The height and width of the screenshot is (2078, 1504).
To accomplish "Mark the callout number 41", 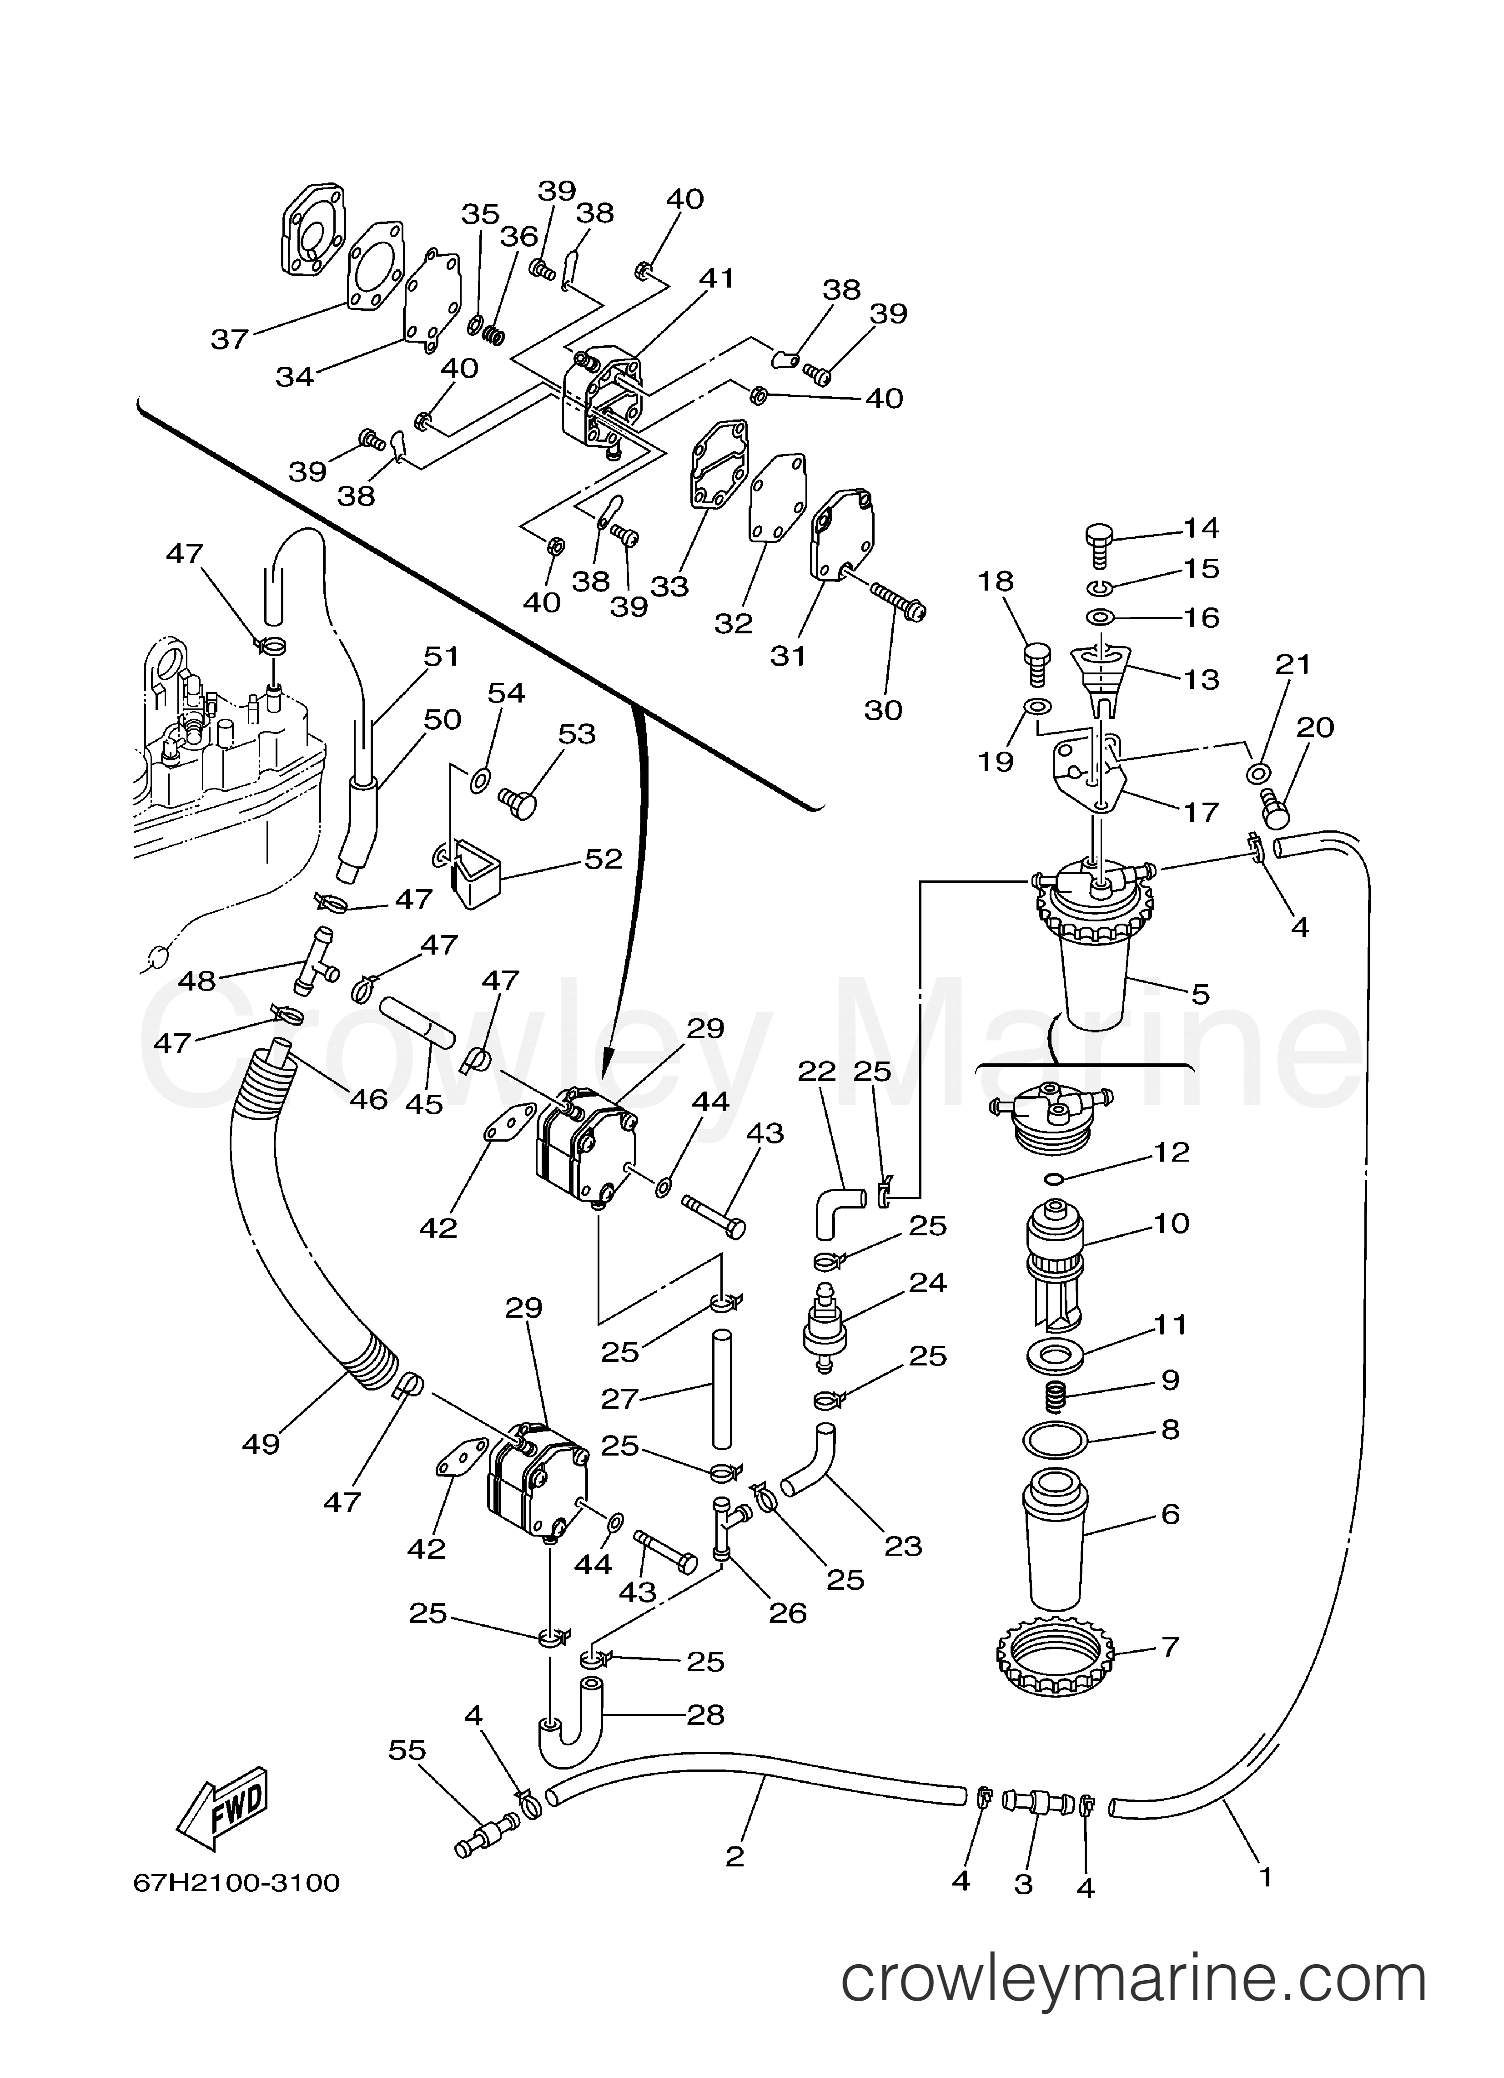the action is [716, 278].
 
